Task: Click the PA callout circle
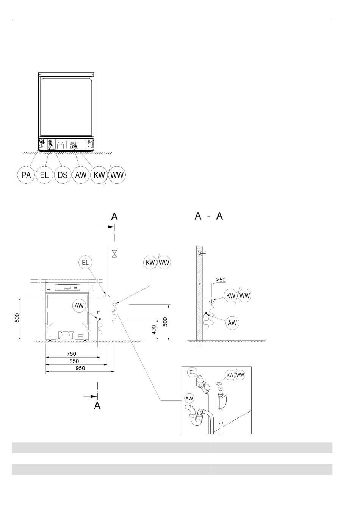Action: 26,175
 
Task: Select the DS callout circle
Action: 63,175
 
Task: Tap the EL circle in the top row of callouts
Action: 44,175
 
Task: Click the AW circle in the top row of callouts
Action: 81,175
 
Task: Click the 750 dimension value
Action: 71,354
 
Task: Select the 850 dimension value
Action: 74,361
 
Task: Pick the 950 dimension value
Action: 80,368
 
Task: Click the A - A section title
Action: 208,216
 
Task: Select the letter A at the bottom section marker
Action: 97,406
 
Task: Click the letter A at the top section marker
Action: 114,217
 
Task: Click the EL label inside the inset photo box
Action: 192,372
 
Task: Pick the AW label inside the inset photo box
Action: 189,398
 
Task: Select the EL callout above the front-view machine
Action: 86,262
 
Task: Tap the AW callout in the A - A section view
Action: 232,323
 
